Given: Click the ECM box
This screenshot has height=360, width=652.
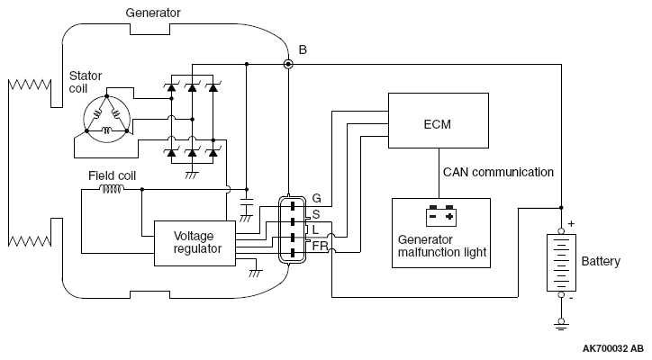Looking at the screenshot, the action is point(439,121).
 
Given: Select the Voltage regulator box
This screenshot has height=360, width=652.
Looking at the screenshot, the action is point(195,243).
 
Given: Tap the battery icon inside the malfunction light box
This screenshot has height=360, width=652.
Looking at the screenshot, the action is point(441,216).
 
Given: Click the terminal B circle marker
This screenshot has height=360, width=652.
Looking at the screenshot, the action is point(288,64).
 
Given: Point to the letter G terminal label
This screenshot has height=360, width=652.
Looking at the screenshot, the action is point(316,198).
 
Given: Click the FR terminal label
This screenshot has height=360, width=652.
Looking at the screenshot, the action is point(320,246).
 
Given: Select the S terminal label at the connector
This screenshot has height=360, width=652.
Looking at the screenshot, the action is point(316,214).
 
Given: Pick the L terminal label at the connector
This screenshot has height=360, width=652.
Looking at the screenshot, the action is point(315,229).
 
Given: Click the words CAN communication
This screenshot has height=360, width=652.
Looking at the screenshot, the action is point(498,172).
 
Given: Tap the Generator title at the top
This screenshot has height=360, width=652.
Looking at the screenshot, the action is point(153,13).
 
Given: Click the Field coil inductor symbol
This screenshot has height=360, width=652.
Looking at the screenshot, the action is point(111,190).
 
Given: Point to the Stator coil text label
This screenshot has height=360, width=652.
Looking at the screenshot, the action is point(86,82).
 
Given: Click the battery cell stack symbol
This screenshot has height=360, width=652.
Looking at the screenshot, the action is point(561,262).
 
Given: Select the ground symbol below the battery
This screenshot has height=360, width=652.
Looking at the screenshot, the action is point(561,324).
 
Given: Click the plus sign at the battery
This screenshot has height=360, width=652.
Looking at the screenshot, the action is point(571,223).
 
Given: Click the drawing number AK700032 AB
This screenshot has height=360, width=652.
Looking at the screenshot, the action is point(613,348).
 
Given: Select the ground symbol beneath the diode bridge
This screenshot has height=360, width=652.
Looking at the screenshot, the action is point(191,175).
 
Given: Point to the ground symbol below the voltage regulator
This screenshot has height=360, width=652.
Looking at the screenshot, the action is point(256,273).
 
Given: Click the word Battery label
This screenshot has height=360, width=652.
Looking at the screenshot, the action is point(601,262).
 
